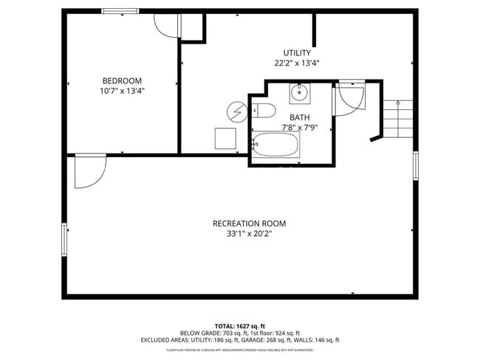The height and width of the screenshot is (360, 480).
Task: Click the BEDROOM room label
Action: coord(122,80)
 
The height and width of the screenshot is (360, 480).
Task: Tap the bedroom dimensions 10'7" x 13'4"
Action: coord(122,91)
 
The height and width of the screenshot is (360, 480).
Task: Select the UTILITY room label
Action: coord(297,52)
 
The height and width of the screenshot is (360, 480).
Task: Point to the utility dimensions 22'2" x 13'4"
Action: coord(297,63)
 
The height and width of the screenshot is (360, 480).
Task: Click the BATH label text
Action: coord(299,117)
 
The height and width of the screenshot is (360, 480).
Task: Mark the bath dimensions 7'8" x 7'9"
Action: coord(299,128)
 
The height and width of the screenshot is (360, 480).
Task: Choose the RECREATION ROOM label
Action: coord(249,224)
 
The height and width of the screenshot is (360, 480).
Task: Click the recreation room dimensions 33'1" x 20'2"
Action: coord(249,235)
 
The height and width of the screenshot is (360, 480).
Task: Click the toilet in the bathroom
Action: coord(264,111)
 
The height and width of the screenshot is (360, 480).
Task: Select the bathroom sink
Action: coord(299,93)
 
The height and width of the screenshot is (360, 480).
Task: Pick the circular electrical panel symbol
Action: coord(237,111)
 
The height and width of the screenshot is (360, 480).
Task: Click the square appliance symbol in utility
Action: coord(225,139)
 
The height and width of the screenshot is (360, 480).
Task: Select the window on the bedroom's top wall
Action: coord(120,11)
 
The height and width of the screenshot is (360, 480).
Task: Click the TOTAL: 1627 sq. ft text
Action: coord(239,325)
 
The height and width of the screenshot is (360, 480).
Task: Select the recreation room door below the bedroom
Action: coord(90,173)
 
